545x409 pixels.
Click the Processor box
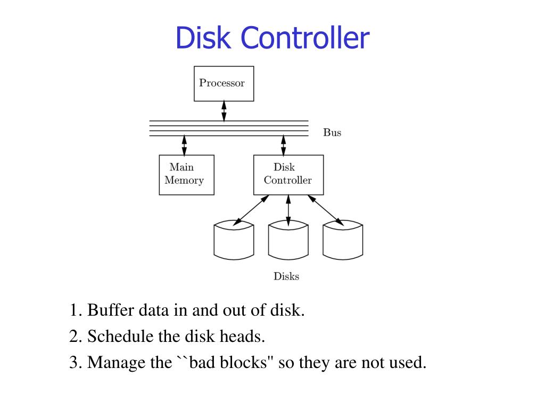224,84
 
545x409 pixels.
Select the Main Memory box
187,175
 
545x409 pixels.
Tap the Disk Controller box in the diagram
288,175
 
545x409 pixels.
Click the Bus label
332,133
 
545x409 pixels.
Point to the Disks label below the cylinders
286,276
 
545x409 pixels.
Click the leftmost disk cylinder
234,240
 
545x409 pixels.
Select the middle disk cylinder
288,240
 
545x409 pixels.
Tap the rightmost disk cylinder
343,240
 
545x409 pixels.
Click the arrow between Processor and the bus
224,111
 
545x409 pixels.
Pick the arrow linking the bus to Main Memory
184,145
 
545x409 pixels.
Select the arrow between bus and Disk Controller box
284,145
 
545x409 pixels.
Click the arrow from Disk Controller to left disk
251,210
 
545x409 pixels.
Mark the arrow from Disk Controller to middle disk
288,210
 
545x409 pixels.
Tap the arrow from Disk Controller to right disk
326,210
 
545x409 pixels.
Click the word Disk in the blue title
203,38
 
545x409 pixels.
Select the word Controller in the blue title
305,38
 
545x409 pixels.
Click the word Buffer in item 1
111,309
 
